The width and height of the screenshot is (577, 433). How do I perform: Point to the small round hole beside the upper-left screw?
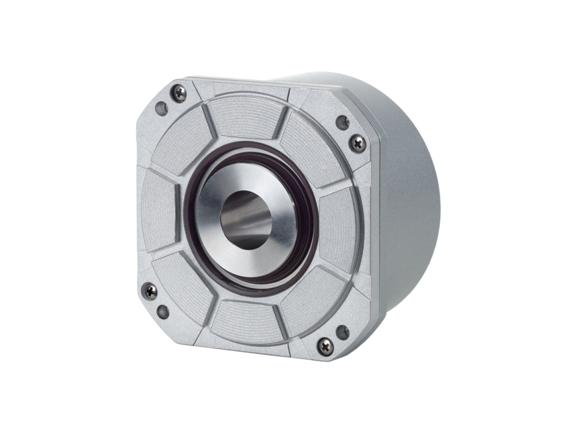pos(162,107)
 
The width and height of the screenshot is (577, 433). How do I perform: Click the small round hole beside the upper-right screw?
pos(342,122)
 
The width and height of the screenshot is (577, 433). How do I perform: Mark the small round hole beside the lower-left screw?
pos(162,311)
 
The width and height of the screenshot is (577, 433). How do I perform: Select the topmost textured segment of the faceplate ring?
pos(242,121)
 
